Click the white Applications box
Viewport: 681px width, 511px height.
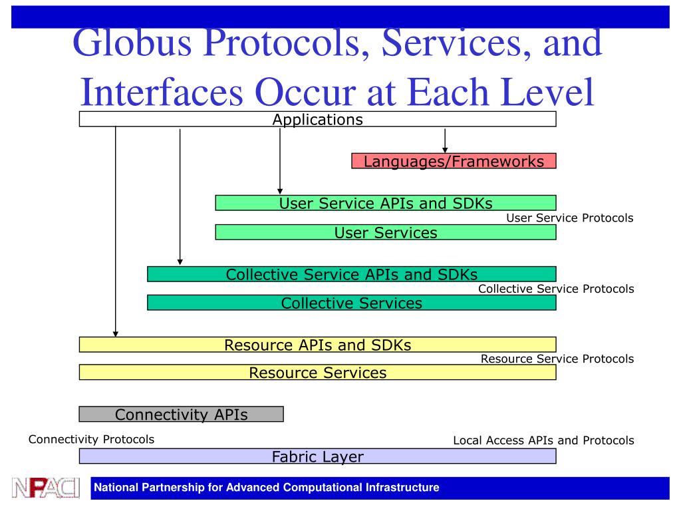point(317,120)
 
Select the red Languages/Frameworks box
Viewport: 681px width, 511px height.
point(454,161)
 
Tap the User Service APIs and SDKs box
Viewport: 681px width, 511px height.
point(385,203)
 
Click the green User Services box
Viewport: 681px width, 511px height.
point(385,232)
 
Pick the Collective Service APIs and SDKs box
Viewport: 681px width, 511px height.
point(351,274)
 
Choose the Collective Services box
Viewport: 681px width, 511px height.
point(351,303)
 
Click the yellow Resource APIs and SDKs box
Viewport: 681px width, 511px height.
point(317,345)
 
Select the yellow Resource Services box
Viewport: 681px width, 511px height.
point(317,373)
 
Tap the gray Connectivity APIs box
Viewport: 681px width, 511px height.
point(181,415)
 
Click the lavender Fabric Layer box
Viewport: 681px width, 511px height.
point(317,456)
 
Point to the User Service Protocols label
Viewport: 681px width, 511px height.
point(569,218)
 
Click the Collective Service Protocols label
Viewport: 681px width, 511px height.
point(556,289)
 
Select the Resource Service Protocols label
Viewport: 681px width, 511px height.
point(557,359)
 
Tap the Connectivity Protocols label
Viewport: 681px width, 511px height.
point(91,439)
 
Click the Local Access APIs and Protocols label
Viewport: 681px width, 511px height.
point(543,440)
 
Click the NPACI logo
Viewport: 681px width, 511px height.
point(45,488)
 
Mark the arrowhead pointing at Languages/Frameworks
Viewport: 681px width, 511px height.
point(445,148)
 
